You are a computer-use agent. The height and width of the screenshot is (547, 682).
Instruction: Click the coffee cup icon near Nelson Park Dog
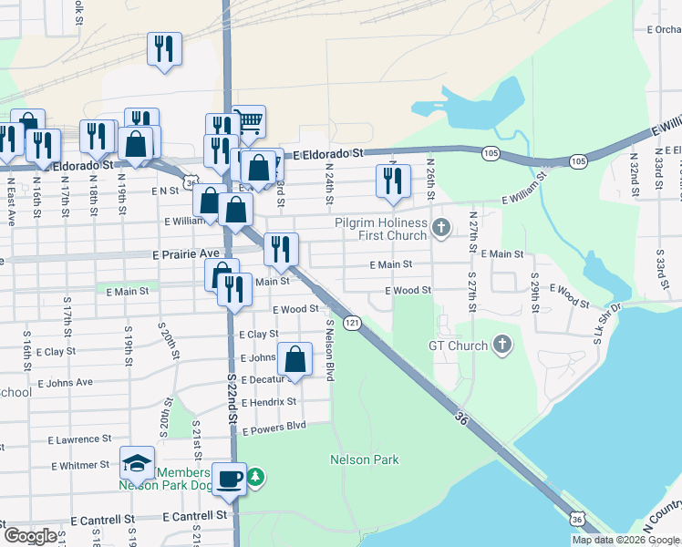tap(229, 477)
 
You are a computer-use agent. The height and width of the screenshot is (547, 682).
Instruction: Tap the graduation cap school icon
tap(138, 464)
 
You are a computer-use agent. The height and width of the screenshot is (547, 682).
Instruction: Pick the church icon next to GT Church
tap(501, 345)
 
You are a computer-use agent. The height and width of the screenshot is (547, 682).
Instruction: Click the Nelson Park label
tap(365, 460)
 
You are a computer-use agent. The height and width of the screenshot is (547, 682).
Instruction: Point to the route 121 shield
tap(352, 324)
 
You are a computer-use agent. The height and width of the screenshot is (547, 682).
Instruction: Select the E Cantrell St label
tap(194, 516)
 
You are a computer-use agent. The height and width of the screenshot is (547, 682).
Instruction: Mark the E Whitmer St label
tap(80, 465)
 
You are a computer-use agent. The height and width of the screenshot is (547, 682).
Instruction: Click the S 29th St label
tap(534, 289)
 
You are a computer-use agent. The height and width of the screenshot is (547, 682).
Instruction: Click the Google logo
tap(30, 536)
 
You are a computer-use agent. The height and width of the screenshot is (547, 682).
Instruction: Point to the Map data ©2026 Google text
tap(625, 540)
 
